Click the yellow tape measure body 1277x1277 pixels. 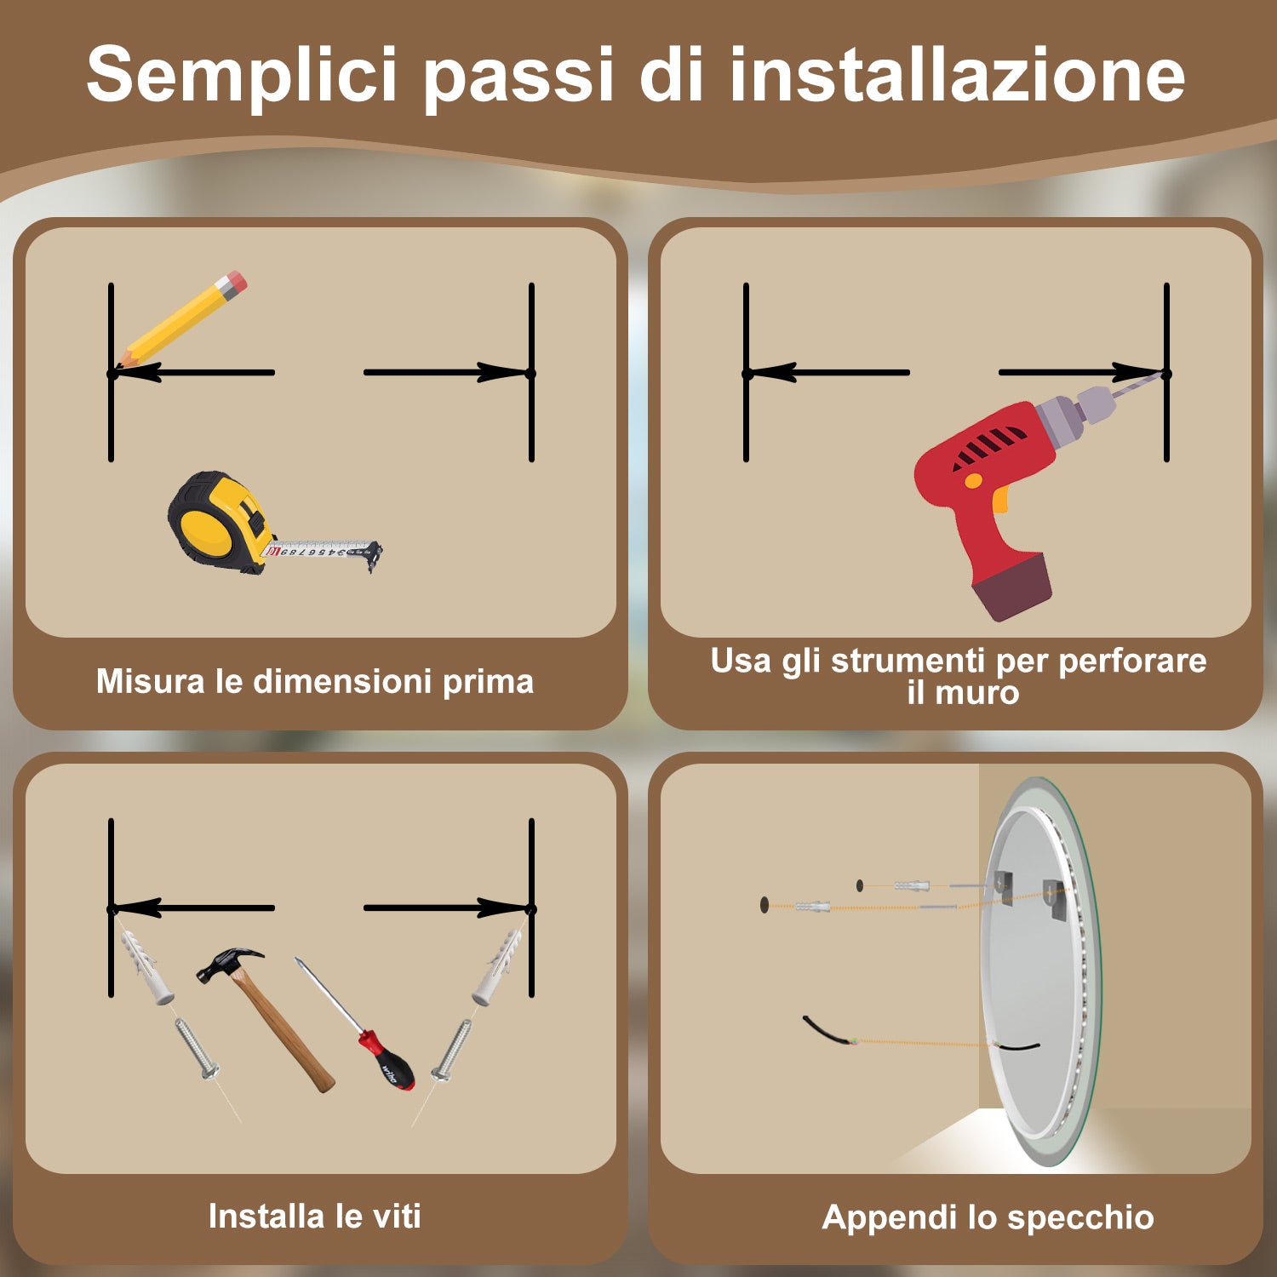coord(212,521)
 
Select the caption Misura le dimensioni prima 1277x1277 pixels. coord(314,682)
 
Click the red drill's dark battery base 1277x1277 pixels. coord(1013,587)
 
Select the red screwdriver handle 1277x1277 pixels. coord(390,1062)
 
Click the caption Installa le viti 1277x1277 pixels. coord(314,1217)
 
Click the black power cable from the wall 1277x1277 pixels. coord(826,1032)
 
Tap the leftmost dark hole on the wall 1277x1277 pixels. coord(764,904)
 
